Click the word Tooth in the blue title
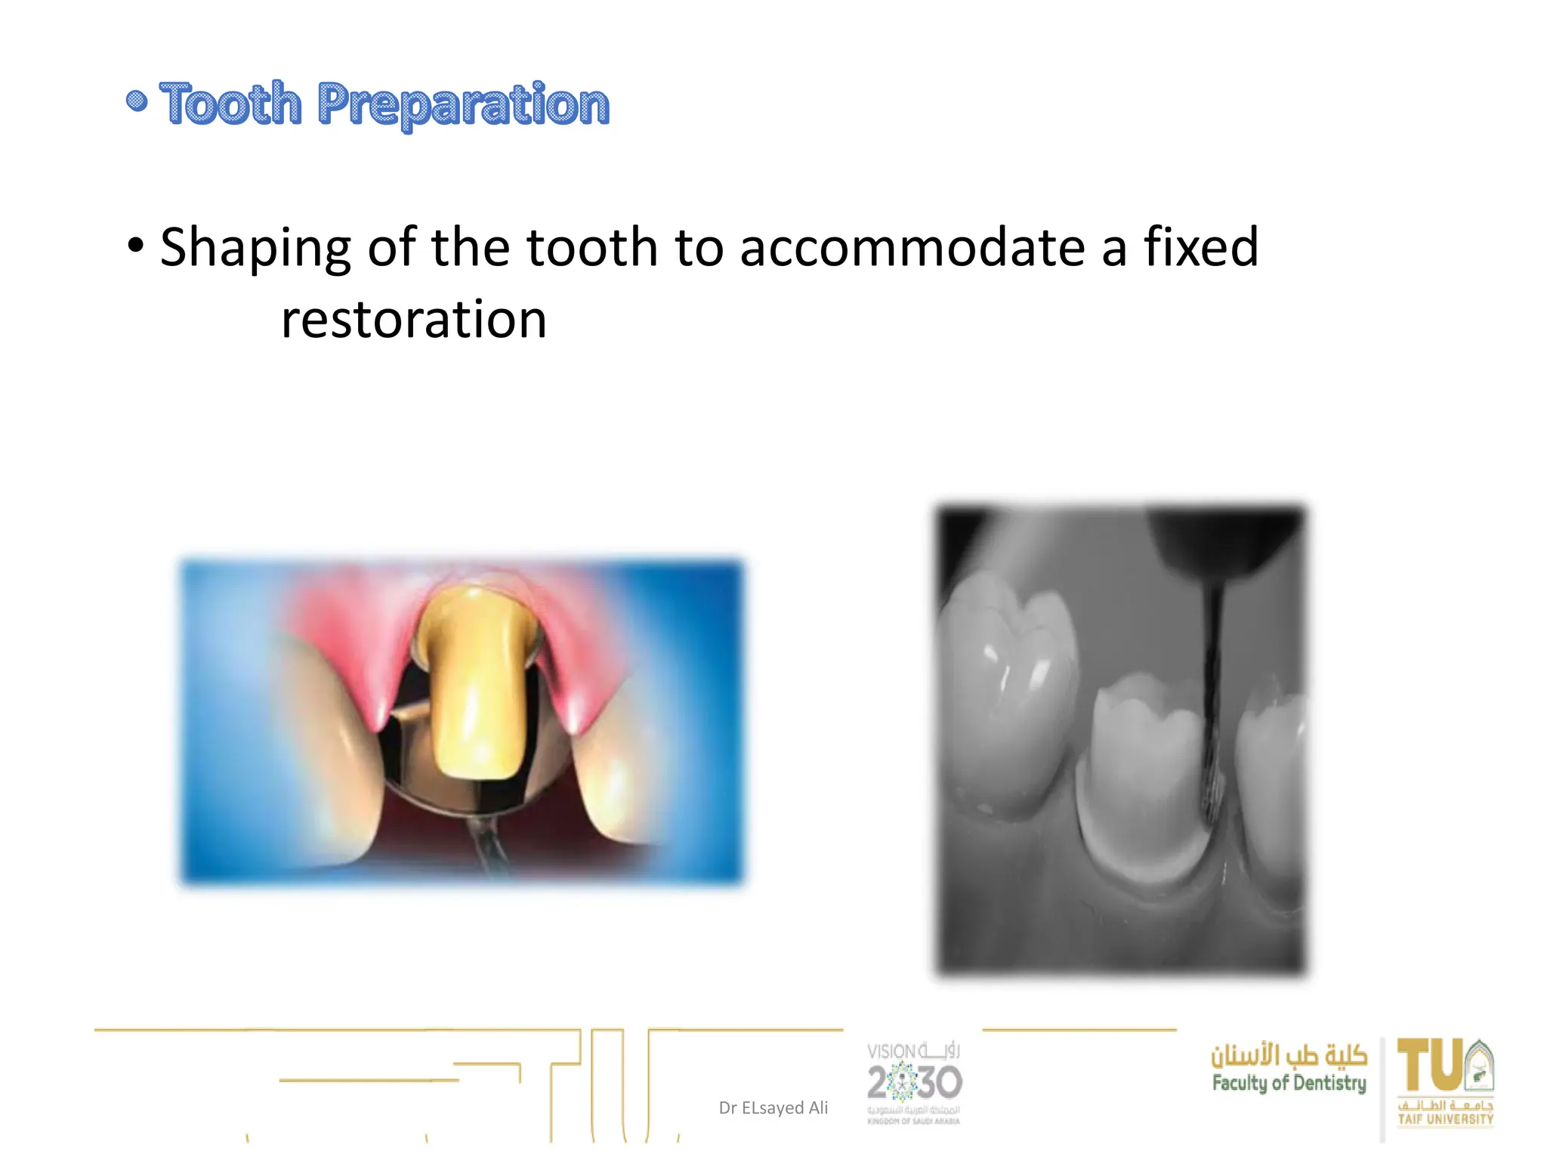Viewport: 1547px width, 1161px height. [x=230, y=104]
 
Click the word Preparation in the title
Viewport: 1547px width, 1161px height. [x=462, y=105]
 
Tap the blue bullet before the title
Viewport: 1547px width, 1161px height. [x=137, y=101]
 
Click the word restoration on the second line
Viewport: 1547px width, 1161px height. [x=413, y=319]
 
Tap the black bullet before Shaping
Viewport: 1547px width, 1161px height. [x=136, y=245]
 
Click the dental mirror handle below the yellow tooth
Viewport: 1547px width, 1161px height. [x=487, y=847]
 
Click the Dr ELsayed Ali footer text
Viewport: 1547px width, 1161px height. [x=773, y=1107]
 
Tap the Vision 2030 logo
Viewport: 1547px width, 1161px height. [x=914, y=1082]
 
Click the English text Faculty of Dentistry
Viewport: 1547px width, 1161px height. [x=1289, y=1083]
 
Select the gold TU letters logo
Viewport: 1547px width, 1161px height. [x=1431, y=1066]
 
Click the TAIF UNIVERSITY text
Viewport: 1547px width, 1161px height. [x=1445, y=1119]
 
